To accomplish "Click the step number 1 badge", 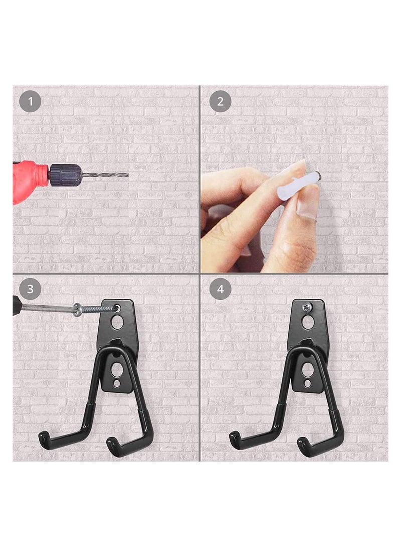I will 30,102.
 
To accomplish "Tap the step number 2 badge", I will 220,102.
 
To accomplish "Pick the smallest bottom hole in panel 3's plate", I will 117,384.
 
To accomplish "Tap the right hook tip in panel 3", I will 112,441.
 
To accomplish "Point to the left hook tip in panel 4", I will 235,437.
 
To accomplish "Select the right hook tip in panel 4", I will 302,441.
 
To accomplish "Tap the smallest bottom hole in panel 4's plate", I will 307,384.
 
